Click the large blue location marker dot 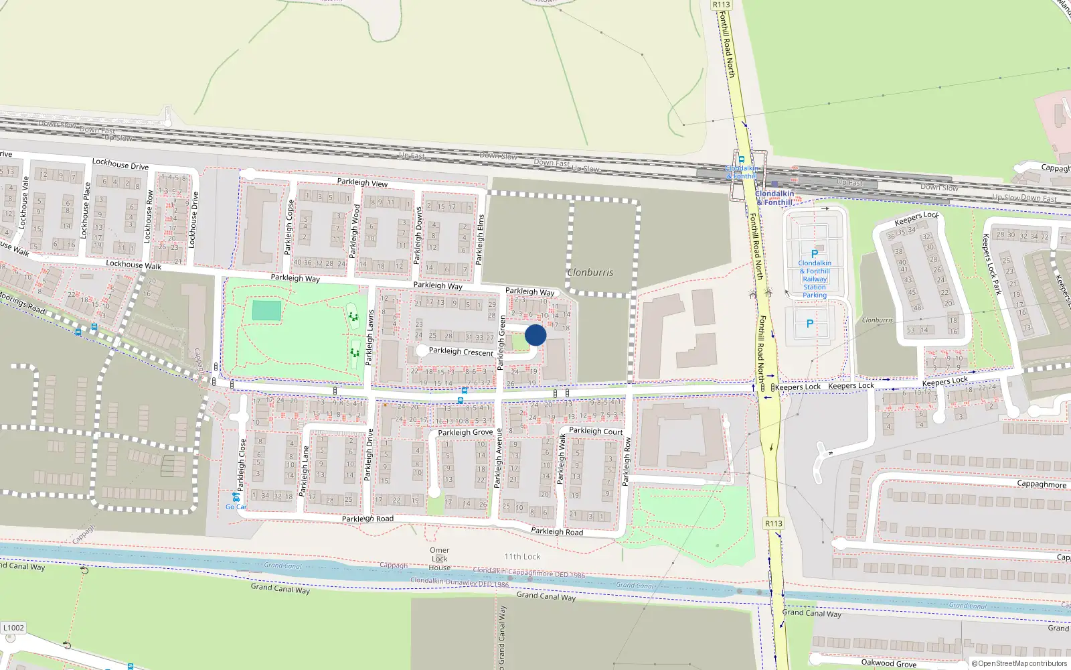[535, 335]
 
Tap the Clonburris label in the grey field [590, 273]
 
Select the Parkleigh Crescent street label [461, 352]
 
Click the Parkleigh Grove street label [465, 432]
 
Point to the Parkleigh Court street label [596, 431]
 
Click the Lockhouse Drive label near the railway [120, 164]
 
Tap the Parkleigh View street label [362, 182]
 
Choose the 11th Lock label [522, 557]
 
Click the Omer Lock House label [440, 559]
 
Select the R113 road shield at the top [721, 5]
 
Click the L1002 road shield [13, 628]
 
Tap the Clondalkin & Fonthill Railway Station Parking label [815, 279]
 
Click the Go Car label [236, 507]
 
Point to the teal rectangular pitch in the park [267, 310]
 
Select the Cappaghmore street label [1042, 484]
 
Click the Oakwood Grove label [888, 663]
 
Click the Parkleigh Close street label [242, 465]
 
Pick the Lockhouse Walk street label [134, 265]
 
